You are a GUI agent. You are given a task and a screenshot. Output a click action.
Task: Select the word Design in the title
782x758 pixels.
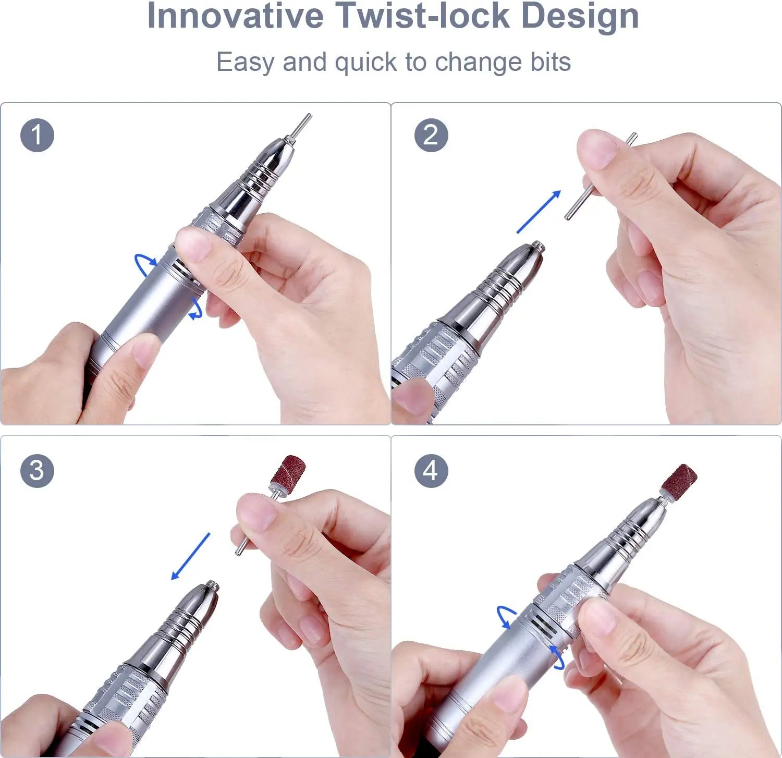point(580,16)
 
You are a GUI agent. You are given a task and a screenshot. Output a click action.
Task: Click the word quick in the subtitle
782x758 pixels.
point(366,63)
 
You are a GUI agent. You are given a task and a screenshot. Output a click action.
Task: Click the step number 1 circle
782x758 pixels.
point(37,136)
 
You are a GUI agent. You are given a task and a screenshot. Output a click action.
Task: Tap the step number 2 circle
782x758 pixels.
point(431,136)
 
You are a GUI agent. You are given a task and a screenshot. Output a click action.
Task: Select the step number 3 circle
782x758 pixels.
point(37,471)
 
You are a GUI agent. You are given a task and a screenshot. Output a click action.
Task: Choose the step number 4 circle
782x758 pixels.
point(431,471)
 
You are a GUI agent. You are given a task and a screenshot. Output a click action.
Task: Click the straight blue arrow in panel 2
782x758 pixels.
point(539,212)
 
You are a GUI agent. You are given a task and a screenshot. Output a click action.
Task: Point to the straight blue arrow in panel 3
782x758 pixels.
point(191,556)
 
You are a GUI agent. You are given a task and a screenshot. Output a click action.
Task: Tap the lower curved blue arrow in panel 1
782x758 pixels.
point(196,309)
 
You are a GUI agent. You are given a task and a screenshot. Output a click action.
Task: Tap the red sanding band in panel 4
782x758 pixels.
point(679,480)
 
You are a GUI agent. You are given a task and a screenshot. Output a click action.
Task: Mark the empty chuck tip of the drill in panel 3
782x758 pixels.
point(211,586)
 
